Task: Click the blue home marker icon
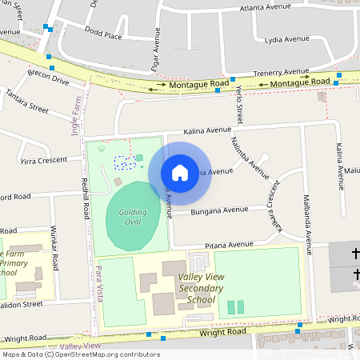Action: coord(180,172)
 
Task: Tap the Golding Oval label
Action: coord(133,217)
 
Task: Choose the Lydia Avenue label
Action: coord(286,38)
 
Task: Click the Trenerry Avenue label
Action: coord(281,72)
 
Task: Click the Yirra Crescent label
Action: coord(45,160)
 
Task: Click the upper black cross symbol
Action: coord(355,254)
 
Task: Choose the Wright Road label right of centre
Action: coord(222,332)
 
